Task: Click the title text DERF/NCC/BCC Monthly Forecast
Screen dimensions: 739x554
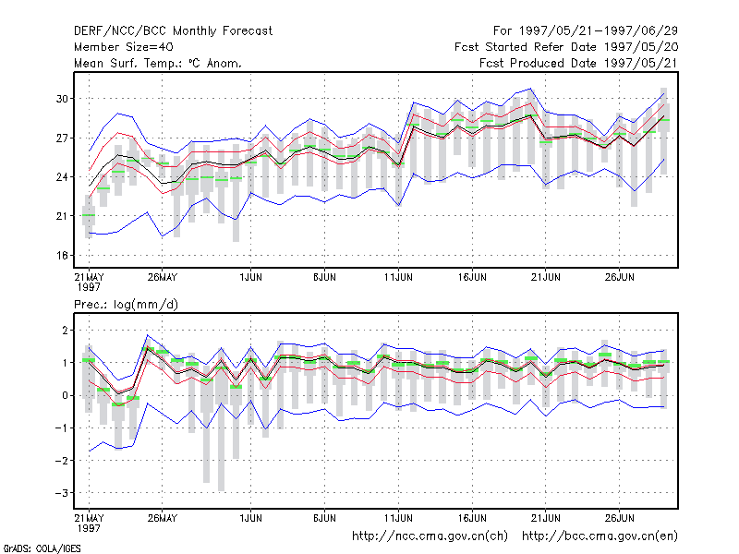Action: [173, 31]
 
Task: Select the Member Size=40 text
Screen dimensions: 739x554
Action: [124, 47]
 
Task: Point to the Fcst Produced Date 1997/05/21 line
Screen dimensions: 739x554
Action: [578, 63]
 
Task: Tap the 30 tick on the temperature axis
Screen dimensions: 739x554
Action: [62, 99]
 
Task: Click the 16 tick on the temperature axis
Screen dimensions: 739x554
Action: [62, 256]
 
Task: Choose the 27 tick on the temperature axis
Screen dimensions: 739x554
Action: [62, 138]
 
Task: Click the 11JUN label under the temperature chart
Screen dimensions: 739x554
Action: [398, 278]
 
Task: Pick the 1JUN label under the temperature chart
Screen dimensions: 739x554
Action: [250, 278]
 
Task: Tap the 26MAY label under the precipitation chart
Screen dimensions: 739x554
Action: [163, 518]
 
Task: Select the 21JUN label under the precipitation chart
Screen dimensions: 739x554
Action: [546, 518]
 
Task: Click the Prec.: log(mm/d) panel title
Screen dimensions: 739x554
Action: [126, 305]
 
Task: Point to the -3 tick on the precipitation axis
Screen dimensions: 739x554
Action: [62, 493]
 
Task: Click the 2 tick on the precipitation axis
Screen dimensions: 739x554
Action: [65, 331]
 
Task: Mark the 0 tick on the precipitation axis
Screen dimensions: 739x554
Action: [65, 396]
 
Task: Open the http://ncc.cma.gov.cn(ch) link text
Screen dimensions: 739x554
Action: [430, 536]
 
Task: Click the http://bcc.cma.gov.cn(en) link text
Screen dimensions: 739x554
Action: [600, 536]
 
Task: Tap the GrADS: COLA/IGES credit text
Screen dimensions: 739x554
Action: [42, 548]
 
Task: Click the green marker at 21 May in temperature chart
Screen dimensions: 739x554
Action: [89, 215]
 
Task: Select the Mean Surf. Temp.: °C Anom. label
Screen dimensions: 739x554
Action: [157, 63]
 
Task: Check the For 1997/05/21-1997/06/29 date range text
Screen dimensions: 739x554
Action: [586, 31]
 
